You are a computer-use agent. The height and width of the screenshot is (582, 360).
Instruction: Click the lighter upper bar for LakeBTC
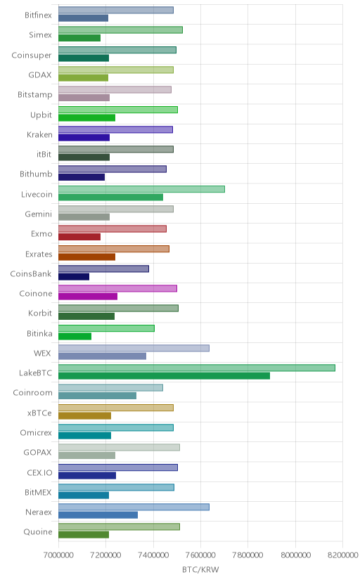click(197, 368)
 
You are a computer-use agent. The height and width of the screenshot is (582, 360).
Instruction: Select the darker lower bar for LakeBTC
click(164, 376)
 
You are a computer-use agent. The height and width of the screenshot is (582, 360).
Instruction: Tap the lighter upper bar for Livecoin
click(141, 189)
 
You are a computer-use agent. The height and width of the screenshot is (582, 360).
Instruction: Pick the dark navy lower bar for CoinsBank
click(74, 276)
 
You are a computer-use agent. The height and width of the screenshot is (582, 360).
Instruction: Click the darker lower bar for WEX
click(102, 356)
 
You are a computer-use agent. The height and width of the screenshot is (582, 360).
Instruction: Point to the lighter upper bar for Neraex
click(134, 507)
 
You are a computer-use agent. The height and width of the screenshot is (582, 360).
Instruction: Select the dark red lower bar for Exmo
click(79, 237)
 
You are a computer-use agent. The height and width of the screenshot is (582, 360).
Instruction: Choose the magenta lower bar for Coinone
click(88, 296)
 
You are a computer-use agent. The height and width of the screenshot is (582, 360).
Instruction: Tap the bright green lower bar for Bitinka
click(75, 336)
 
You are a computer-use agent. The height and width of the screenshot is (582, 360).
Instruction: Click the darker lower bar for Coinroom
click(97, 396)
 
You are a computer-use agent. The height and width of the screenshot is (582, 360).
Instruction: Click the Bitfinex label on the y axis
click(38, 15)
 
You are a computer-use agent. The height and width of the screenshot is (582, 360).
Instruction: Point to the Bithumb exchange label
click(36, 174)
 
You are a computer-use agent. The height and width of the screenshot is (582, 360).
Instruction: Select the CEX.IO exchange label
click(39, 472)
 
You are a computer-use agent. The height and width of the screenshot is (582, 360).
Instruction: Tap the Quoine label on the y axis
click(38, 532)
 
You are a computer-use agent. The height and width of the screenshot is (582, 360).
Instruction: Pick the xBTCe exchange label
click(39, 413)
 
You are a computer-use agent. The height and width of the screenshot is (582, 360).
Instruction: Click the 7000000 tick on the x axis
click(58, 555)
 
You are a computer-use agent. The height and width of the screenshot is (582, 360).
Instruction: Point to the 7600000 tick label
click(201, 555)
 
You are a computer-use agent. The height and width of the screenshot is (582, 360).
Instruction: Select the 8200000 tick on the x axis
click(343, 555)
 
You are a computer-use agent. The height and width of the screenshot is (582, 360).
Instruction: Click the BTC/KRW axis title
click(200, 569)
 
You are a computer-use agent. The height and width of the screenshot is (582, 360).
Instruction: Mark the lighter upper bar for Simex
click(120, 30)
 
